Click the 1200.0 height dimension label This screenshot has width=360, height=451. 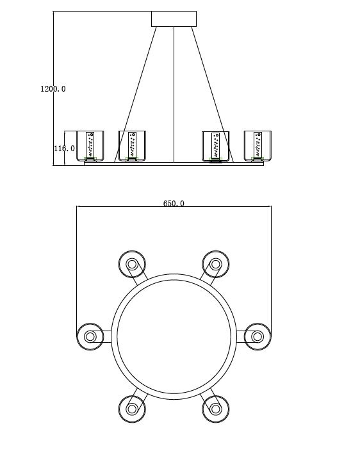[x=53, y=89]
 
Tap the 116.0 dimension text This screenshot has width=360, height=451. [x=64, y=149]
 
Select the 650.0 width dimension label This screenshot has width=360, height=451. [x=174, y=203]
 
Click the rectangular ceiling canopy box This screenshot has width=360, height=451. [x=174, y=19]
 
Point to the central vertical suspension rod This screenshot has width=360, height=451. [x=174, y=95]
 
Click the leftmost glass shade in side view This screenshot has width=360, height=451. [x=90, y=146]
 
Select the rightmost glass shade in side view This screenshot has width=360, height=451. [x=258, y=146]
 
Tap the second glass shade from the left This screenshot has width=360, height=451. [x=132, y=146]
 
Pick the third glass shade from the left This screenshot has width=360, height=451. [x=216, y=146]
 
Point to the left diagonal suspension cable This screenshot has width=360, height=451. [x=135, y=95]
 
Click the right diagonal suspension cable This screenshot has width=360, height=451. [x=213, y=95]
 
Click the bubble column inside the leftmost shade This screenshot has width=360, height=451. [x=90, y=145]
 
